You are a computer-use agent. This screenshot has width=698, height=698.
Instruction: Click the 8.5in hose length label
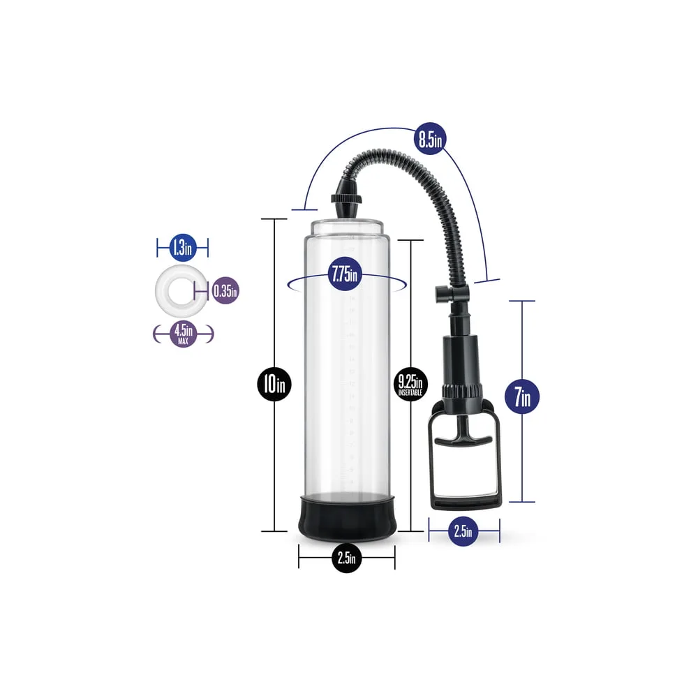(429, 139)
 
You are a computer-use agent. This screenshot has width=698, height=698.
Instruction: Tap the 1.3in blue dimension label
(181, 246)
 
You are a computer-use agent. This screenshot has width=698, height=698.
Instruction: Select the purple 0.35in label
(224, 289)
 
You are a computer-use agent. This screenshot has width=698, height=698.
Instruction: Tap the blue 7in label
(521, 397)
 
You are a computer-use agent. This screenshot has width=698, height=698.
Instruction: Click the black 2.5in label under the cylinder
(347, 558)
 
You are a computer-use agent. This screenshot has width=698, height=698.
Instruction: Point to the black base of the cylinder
(347, 518)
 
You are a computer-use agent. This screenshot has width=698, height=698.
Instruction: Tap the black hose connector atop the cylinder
(346, 200)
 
